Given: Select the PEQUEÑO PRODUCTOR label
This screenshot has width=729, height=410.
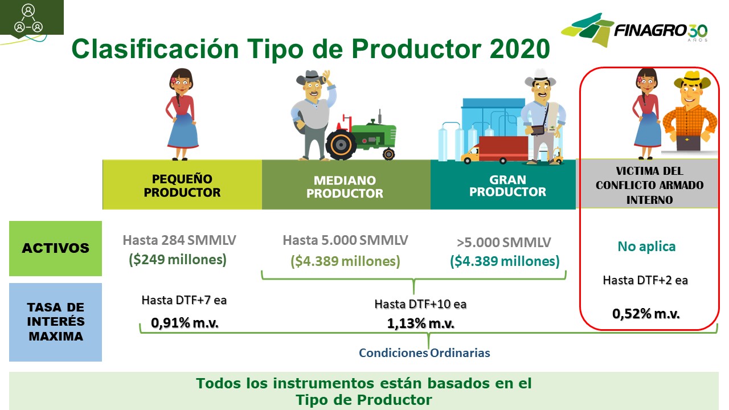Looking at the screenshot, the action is pyautogui.click(x=182, y=186).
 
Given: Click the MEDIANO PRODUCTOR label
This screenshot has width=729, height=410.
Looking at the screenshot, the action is pyautogui.click(x=345, y=187).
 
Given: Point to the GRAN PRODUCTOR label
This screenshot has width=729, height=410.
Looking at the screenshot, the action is pyautogui.click(x=507, y=186).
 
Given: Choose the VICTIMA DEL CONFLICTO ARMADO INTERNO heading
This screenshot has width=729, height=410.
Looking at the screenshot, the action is pyautogui.click(x=650, y=185).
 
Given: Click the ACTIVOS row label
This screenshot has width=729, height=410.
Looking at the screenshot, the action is pyautogui.click(x=55, y=248).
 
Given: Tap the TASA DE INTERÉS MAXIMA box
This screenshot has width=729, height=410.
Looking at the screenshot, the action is pyautogui.click(x=55, y=322).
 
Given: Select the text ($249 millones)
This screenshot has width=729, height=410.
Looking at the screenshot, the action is pyautogui.click(x=178, y=260).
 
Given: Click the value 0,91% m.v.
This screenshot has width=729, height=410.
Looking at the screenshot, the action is pyautogui.click(x=185, y=323).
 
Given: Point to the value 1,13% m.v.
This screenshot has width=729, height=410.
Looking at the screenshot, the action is pyautogui.click(x=420, y=323).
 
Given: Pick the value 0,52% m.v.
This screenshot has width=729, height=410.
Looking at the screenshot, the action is pyautogui.click(x=646, y=314).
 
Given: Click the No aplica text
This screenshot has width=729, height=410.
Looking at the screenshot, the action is pyautogui.click(x=646, y=247).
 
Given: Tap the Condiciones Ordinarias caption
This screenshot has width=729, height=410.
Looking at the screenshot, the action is pyautogui.click(x=424, y=352).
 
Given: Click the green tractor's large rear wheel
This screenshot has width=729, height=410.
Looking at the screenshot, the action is pyautogui.click(x=341, y=145).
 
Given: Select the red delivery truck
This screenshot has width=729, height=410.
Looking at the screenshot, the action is pyautogui.click(x=495, y=150).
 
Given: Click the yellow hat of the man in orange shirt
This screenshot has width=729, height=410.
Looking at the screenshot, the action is pyautogui.click(x=692, y=80).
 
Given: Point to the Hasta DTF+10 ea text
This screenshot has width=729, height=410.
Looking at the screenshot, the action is pyautogui.click(x=420, y=304).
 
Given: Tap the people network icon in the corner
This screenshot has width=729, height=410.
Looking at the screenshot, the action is pyautogui.click(x=28, y=19).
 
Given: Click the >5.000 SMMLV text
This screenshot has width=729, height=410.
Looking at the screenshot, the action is pyautogui.click(x=504, y=243).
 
